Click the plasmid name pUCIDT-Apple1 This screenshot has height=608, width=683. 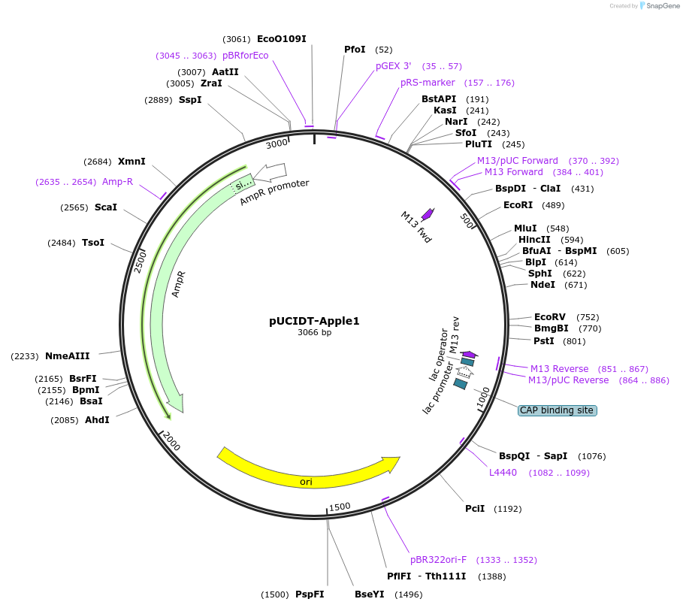[x=314, y=321]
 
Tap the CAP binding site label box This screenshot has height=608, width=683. [x=558, y=410]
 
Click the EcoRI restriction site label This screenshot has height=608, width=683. [x=518, y=205]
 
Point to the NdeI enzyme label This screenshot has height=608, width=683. [x=542, y=285]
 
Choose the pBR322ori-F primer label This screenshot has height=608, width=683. [x=438, y=560]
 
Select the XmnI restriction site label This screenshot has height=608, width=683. [x=131, y=162]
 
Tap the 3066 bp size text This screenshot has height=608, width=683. [x=314, y=333]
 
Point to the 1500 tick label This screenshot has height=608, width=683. [x=340, y=507]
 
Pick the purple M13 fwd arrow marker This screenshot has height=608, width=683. [x=428, y=213]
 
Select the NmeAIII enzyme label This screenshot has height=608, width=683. [x=68, y=356]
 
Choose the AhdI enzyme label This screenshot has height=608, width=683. [x=97, y=420]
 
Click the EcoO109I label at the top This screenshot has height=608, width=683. [x=282, y=39]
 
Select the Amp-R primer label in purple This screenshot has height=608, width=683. [x=118, y=182]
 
